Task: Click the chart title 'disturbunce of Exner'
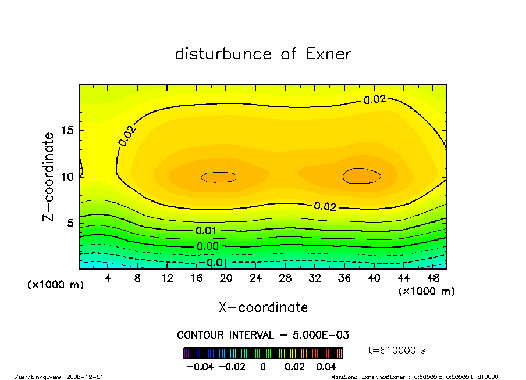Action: click(263, 54)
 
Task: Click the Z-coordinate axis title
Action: click(49, 176)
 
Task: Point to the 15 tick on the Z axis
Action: click(67, 131)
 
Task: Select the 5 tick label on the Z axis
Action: click(70, 223)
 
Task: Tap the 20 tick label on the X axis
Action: click(226, 278)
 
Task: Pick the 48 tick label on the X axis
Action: click(433, 278)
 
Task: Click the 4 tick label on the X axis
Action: click(108, 278)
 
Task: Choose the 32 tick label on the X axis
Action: click(315, 278)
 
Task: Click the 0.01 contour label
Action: click(207, 231)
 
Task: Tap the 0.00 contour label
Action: click(207, 246)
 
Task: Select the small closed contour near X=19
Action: click(219, 177)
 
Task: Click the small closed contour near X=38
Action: click(362, 175)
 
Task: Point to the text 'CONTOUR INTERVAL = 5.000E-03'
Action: click(263, 335)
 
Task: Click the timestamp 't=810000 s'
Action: click(398, 350)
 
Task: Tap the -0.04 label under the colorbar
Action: click(197, 367)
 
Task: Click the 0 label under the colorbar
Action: click(263, 367)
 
